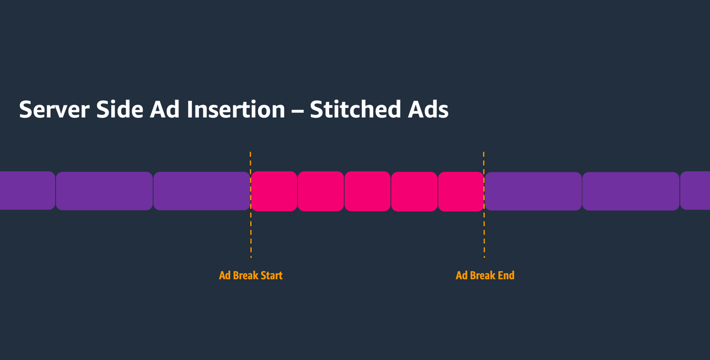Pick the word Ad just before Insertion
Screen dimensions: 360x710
165,110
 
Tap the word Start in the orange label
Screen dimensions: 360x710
271,276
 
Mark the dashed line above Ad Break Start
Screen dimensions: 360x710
251,233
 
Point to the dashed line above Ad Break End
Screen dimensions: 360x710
484,233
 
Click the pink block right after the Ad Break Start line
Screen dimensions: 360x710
274,191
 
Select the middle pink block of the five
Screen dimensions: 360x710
367,191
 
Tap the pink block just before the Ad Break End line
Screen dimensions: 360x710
461,191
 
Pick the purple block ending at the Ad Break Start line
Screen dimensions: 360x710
202,191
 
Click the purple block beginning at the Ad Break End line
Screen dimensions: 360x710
533,191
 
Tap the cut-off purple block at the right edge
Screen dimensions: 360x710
696,191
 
